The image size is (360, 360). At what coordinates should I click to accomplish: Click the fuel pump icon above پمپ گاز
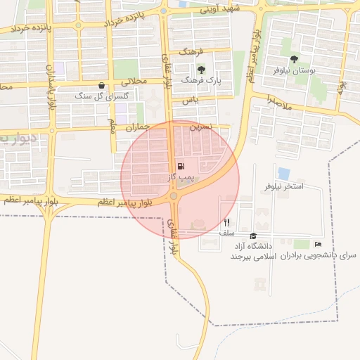(x=181, y=167)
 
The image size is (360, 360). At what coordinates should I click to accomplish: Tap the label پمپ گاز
(x=181, y=179)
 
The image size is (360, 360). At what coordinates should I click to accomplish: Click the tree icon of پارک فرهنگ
(x=201, y=70)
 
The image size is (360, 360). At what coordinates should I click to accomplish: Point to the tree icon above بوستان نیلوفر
(x=294, y=59)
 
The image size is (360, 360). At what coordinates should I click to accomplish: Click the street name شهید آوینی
(x=220, y=10)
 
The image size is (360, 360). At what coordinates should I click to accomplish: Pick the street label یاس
(x=188, y=101)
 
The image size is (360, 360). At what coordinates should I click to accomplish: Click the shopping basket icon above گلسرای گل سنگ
(x=102, y=85)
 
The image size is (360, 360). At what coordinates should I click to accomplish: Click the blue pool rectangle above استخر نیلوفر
(x=284, y=173)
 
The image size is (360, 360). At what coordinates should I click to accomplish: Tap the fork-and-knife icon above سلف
(x=226, y=222)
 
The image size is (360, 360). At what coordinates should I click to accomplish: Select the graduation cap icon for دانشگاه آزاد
(x=253, y=236)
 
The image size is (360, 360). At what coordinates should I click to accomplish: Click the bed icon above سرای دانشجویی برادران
(x=318, y=244)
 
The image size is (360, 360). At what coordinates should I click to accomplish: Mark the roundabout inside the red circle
(x=174, y=195)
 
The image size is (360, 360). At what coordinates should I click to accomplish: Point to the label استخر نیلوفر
(x=284, y=186)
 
